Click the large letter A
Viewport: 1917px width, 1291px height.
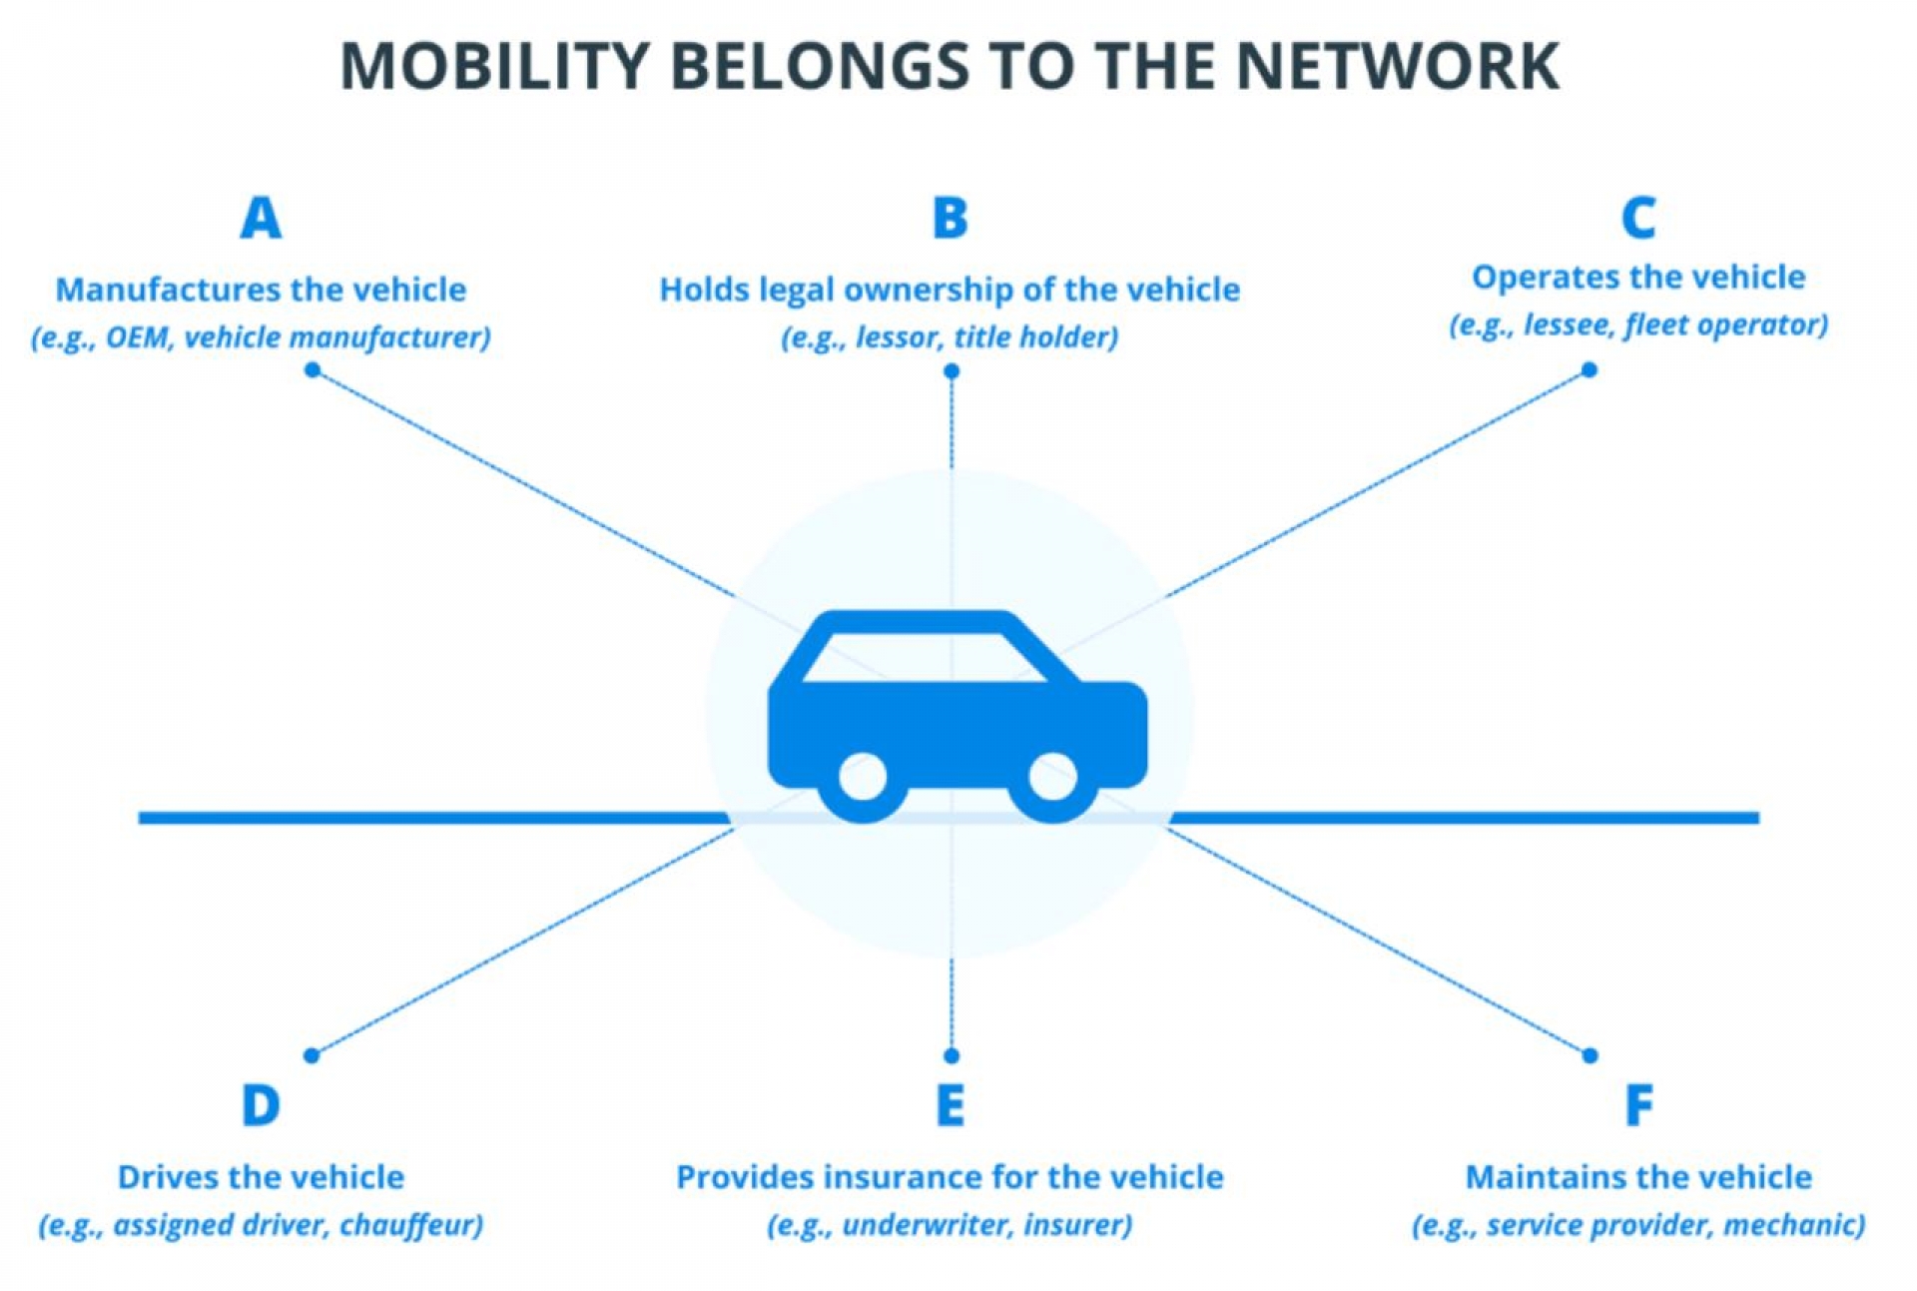click(261, 218)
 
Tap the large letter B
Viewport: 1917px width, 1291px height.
click(950, 218)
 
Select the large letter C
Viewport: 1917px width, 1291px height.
click(1638, 218)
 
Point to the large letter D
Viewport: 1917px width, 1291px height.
click(261, 1105)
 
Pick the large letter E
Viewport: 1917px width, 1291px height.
click(950, 1105)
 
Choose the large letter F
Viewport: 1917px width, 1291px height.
click(1638, 1105)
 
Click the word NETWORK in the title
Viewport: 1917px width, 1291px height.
click(1398, 67)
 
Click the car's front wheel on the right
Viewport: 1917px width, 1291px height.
click(1052, 778)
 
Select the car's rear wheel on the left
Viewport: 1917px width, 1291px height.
click(863, 778)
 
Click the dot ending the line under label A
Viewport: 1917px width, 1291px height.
click(313, 370)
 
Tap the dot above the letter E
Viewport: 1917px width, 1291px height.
click(952, 1055)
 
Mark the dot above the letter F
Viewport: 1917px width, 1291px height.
click(1590, 1055)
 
